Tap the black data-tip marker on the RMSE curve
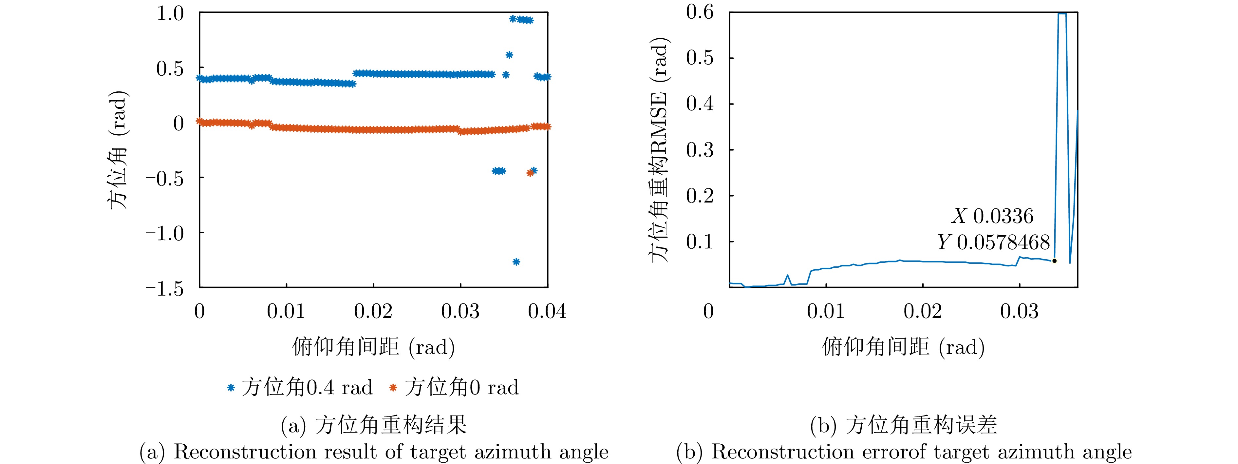coord(1054,261)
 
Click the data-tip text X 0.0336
coord(992,216)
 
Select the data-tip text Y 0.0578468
coord(993,242)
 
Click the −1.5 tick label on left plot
coord(165,288)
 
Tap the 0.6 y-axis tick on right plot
coord(700,12)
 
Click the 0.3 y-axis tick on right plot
coord(700,150)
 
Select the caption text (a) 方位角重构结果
coord(373,425)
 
